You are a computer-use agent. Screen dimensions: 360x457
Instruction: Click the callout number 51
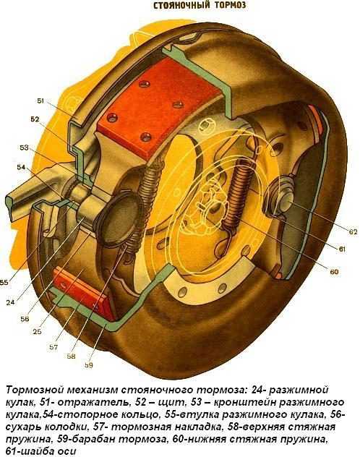pos(40,101)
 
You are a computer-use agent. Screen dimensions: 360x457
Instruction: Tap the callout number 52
pos(35,119)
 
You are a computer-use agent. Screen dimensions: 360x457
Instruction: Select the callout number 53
pos(24,148)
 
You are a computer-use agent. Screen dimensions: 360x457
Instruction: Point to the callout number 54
pos(21,168)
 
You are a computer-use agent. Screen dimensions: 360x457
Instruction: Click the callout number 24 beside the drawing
pos(10,302)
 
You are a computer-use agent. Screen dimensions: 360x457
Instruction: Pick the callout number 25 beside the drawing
pos(37,331)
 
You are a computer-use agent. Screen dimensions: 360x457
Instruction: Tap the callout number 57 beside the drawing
pos(53,347)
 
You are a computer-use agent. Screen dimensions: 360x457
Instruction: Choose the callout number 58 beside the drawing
pos(71,356)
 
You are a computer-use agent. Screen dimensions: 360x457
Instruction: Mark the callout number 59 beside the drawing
pos(88,365)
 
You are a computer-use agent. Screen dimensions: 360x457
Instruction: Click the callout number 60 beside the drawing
pos(334,272)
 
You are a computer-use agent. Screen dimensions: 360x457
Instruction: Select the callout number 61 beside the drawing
pos(342,249)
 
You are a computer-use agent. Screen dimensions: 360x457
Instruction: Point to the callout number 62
pos(353,232)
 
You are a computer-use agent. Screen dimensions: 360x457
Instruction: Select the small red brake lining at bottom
pos(85,294)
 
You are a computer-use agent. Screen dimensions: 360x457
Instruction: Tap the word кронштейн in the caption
pos(244,402)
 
